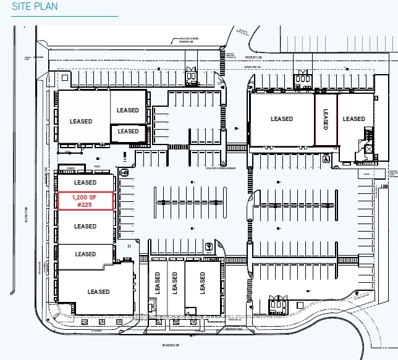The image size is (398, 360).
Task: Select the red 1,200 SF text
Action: [x=85, y=197]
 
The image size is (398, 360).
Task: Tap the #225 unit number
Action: [x=85, y=205]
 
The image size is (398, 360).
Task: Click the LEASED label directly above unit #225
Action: [x=85, y=183]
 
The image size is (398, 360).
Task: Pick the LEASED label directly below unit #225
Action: [x=85, y=227]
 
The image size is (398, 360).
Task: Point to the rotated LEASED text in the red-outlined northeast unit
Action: [x=326, y=119]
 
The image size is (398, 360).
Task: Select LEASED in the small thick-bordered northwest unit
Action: [x=129, y=132]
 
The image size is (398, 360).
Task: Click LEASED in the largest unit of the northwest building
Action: [x=81, y=122]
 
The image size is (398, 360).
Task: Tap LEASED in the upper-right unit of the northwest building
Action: [x=129, y=111]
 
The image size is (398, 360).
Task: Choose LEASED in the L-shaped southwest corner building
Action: [x=98, y=292]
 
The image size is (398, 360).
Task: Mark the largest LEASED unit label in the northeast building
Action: [x=282, y=119]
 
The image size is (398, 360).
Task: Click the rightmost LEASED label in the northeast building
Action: [x=355, y=119]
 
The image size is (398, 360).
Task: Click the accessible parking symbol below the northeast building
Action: [x=326, y=157]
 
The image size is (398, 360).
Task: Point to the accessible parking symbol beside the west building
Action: [x=125, y=173]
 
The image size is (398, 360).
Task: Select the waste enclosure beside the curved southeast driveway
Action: [x=277, y=304]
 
